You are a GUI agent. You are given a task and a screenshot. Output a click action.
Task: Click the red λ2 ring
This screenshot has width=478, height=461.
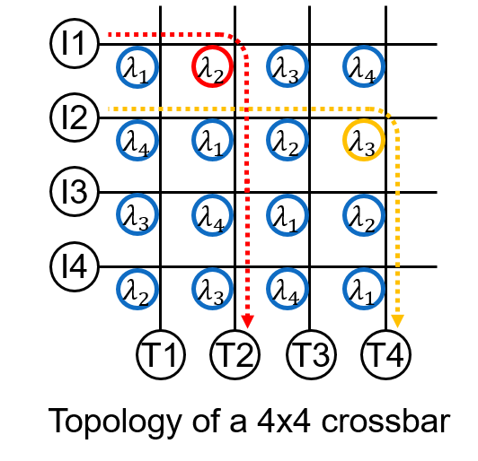(x=192, y=66)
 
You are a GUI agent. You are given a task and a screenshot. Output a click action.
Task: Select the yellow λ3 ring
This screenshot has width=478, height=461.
(x=343, y=140)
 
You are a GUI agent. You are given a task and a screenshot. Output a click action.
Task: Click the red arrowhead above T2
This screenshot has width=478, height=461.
(x=247, y=322)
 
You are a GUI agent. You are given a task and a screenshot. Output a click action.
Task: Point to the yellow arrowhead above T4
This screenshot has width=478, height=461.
(x=397, y=322)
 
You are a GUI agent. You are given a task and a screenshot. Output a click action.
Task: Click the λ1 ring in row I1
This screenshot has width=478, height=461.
(x=117, y=67)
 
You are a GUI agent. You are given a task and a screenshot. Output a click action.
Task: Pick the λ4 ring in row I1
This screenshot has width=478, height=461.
(x=343, y=66)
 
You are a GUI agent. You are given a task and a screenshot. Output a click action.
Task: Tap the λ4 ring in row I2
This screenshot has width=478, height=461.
(x=117, y=140)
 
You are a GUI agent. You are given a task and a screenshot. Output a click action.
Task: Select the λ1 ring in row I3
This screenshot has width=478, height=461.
(x=268, y=215)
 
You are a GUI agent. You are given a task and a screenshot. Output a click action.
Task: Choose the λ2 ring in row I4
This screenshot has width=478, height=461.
(x=117, y=289)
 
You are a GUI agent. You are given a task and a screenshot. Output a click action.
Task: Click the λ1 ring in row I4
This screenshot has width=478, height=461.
(x=343, y=289)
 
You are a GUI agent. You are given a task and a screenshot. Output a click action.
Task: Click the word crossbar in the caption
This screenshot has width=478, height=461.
(x=385, y=421)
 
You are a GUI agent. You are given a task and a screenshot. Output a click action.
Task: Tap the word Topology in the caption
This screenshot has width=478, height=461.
(x=115, y=423)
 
